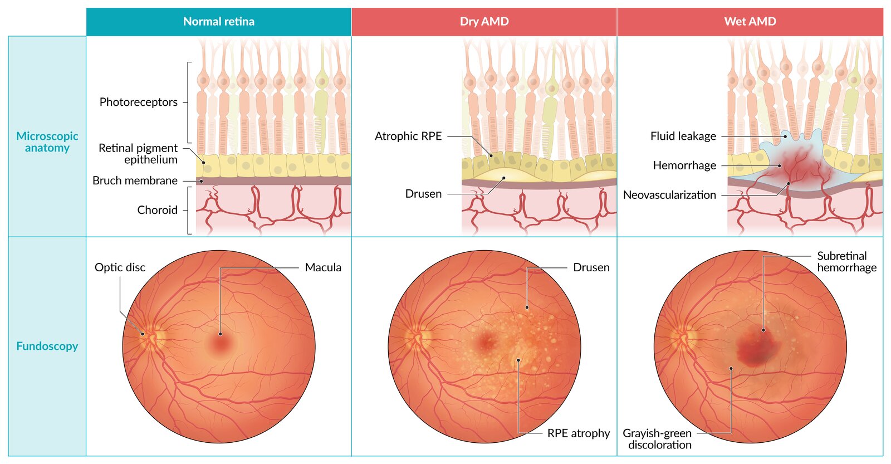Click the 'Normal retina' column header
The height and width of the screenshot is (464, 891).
(x=218, y=22)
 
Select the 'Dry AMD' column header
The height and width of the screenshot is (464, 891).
(x=484, y=22)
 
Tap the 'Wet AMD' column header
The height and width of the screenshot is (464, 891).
(x=750, y=22)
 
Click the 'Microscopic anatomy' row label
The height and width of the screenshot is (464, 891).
(x=47, y=142)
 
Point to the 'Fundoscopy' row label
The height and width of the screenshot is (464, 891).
(x=47, y=346)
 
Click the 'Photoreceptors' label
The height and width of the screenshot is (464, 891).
(x=138, y=102)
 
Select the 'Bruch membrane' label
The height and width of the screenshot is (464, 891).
(x=135, y=180)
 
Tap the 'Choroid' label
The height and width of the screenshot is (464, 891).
(x=157, y=210)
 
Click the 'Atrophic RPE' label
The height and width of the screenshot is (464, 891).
(x=408, y=136)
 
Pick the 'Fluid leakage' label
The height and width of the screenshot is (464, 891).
(x=683, y=136)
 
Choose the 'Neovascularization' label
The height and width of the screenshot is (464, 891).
(x=669, y=195)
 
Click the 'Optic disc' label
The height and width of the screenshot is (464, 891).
(x=120, y=267)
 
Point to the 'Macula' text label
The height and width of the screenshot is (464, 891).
(x=323, y=267)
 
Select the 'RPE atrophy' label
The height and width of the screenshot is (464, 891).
(x=578, y=433)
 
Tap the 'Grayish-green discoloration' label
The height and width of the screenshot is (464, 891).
(x=658, y=439)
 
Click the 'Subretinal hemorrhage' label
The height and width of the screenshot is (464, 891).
(x=846, y=262)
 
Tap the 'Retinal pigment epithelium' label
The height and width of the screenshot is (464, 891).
(x=138, y=154)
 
